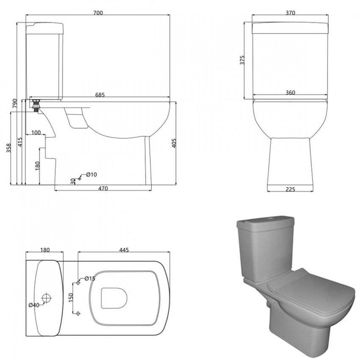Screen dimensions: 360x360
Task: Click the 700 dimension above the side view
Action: click(x=98, y=13)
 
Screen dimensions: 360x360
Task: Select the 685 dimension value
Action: click(x=100, y=94)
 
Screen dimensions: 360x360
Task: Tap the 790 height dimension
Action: click(x=14, y=103)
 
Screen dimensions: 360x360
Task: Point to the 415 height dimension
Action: click(x=20, y=142)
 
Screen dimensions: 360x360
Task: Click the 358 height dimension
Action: click(x=9, y=148)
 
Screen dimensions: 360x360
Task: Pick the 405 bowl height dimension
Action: click(x=174, y=143)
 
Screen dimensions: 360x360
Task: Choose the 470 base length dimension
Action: click(x=103, y=188)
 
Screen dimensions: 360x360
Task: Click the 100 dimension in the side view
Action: click(x=36, y=133)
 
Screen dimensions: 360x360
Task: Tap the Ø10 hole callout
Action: click(x=91, y=175)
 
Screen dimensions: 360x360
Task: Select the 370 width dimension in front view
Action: click(x=290, y=13)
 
